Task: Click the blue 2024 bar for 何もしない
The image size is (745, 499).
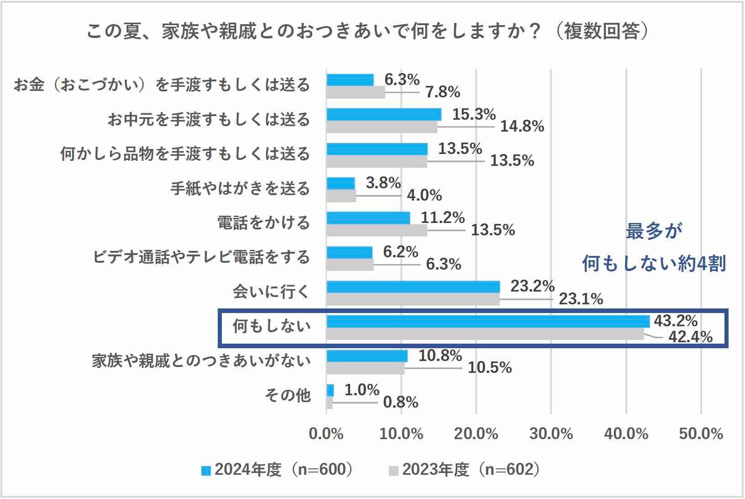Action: [x=488, y=321]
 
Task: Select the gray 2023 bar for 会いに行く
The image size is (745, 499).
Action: [x=413, y=300]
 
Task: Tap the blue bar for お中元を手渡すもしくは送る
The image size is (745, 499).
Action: [x=383, y=114]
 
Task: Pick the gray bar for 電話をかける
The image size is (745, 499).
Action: [x=377, y=230]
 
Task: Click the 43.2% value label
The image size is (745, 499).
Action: [x=676, y=321]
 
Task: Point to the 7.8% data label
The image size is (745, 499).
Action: [x=442, y=92]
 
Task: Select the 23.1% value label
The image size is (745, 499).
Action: [x=581, y=299]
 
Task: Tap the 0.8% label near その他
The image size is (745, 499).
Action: [x=400, y=403]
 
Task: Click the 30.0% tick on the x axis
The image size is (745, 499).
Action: [x=551, y=434]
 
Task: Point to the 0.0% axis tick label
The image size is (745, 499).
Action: [x=326, y=434]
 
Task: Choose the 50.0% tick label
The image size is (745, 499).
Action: [x=701, y=434]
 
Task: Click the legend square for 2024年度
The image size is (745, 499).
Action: [x=206, y=470]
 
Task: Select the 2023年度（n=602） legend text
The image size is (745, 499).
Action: [x=470, y=470]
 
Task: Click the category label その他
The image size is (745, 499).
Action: [x=288, y=395]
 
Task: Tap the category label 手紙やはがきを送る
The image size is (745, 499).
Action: [x=240, y=188]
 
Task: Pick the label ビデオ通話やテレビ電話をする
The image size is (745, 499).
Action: [x=201, y=257]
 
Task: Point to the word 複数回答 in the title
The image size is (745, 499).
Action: [x=601, y=32]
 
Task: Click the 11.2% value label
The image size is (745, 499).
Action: [x=442, y=218]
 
